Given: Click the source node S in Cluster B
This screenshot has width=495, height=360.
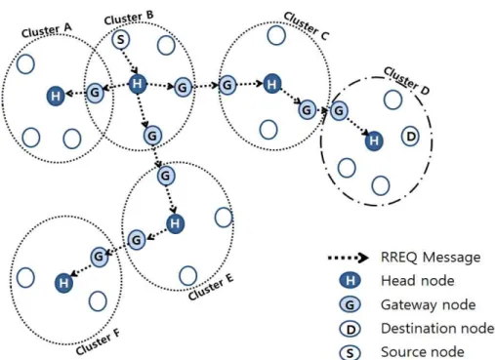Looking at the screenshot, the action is point(121,40).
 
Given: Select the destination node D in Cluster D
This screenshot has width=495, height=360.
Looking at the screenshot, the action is point(410,137).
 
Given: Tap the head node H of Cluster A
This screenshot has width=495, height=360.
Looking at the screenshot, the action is point(56,96).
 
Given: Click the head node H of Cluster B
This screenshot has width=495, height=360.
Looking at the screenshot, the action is point(138,84).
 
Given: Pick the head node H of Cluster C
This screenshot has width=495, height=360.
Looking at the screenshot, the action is point(272,84).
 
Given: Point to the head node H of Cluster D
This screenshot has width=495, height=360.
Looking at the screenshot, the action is point(374,140).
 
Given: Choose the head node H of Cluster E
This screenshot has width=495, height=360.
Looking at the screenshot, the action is point(175,223).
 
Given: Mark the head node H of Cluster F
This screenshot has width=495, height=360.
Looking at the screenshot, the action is point(63,283).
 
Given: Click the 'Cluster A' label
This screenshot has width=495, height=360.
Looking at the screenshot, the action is point(46,30).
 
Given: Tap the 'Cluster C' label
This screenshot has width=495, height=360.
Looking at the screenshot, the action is point(306,26).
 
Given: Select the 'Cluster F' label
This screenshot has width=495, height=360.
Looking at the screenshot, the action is point(98,341).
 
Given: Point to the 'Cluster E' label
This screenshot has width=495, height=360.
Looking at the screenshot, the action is point(211,287).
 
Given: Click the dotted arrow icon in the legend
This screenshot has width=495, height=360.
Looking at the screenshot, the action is point(348,258).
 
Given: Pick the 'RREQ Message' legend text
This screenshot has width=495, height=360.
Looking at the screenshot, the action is point(431,258).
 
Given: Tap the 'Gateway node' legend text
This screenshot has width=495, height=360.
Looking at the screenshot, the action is point(429,305).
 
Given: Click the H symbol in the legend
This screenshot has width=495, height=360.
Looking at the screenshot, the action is point(350,281).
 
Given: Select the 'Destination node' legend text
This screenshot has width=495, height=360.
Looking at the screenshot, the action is point(437,329).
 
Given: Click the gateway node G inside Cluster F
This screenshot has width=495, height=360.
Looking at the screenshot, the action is point(99,257).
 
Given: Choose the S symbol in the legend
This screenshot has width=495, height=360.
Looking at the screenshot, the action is point(350,353).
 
